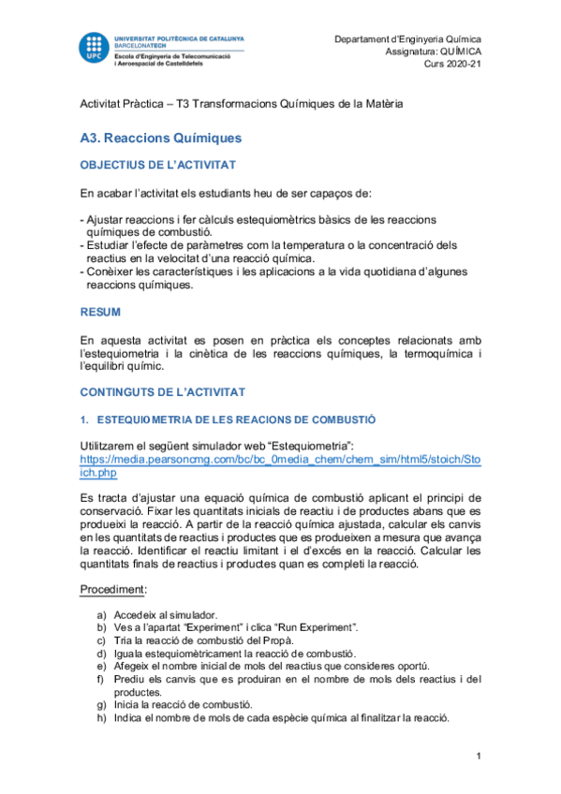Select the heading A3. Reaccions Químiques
[160, 138]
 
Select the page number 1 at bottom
[478, 756]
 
